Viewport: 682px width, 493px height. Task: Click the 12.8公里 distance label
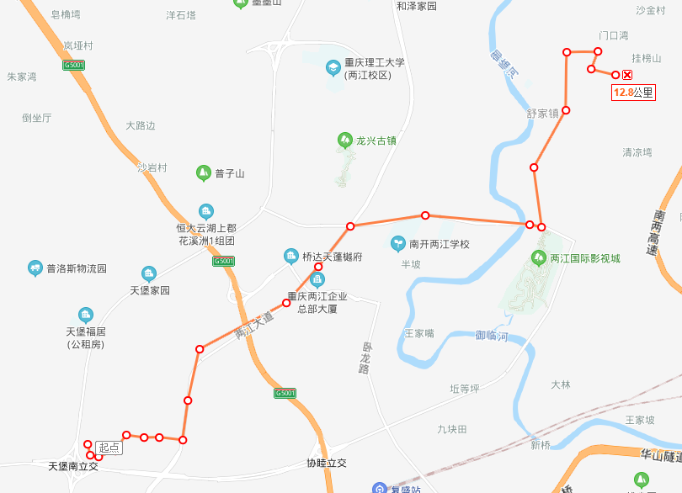coord(633,93)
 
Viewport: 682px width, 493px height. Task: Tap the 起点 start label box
coord(109,448)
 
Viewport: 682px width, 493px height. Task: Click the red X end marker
coord(627,76)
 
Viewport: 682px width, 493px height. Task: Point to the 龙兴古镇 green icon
coord(344,140)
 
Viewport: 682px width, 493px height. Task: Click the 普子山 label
coord(229,174)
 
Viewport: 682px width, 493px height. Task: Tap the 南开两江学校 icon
coord(397,244)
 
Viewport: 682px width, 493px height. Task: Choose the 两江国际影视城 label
coord(584,258)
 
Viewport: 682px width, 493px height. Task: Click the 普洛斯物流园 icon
coord(35,269)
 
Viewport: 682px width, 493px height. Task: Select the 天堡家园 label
coord(150,290)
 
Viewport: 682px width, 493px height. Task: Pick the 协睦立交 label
coord(327,464)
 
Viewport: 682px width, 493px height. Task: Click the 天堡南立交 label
coord(73,465)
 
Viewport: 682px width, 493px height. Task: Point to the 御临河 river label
coord(492,335)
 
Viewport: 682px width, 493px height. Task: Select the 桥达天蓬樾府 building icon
coord(291,256)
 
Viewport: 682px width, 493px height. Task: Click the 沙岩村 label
coord(152,167)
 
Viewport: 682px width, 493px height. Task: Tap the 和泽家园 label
coord(417,6)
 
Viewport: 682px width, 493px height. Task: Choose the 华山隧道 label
coord(660,456)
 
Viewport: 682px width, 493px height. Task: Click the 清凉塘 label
coord(637,152)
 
